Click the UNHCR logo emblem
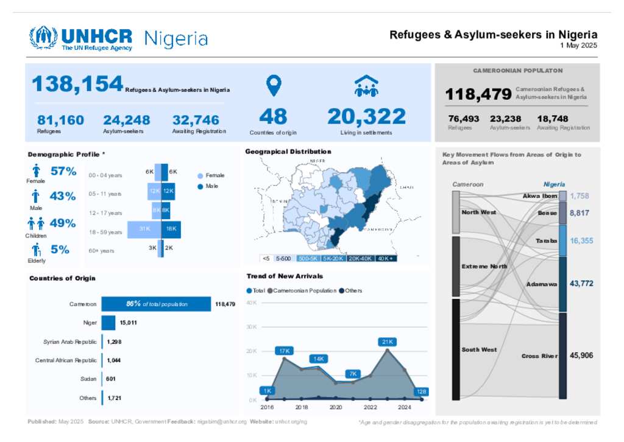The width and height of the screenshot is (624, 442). [x=43, y=38]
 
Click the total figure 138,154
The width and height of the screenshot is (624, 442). [x=77, y=85]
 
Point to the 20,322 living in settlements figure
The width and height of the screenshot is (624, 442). [x=366, y=116]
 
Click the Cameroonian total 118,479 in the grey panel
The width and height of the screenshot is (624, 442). [x=478, y=94]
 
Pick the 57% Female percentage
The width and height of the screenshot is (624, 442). [x=63, y=172]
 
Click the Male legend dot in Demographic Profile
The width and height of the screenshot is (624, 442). [x=200, y=186]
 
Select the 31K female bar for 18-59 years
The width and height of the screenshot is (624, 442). [x=144, y=229]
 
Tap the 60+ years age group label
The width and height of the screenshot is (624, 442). [x=101, y=250]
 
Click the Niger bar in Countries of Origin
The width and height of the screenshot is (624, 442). [x=108, y=323]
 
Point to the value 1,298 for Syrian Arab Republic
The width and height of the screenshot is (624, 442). [x=114, y=342]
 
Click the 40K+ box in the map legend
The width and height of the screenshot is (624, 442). [x=386, y=258]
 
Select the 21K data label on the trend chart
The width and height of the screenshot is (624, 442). [x=388, y=342]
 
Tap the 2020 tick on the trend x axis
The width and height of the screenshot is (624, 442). [x=336, y=407]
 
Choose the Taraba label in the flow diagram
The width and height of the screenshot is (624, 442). [x=547, y=241]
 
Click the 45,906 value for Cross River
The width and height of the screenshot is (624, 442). [x=581, y=356]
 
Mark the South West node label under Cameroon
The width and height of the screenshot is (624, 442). [x=479, y=350]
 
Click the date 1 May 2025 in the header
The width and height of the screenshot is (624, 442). [x=579, y=46]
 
